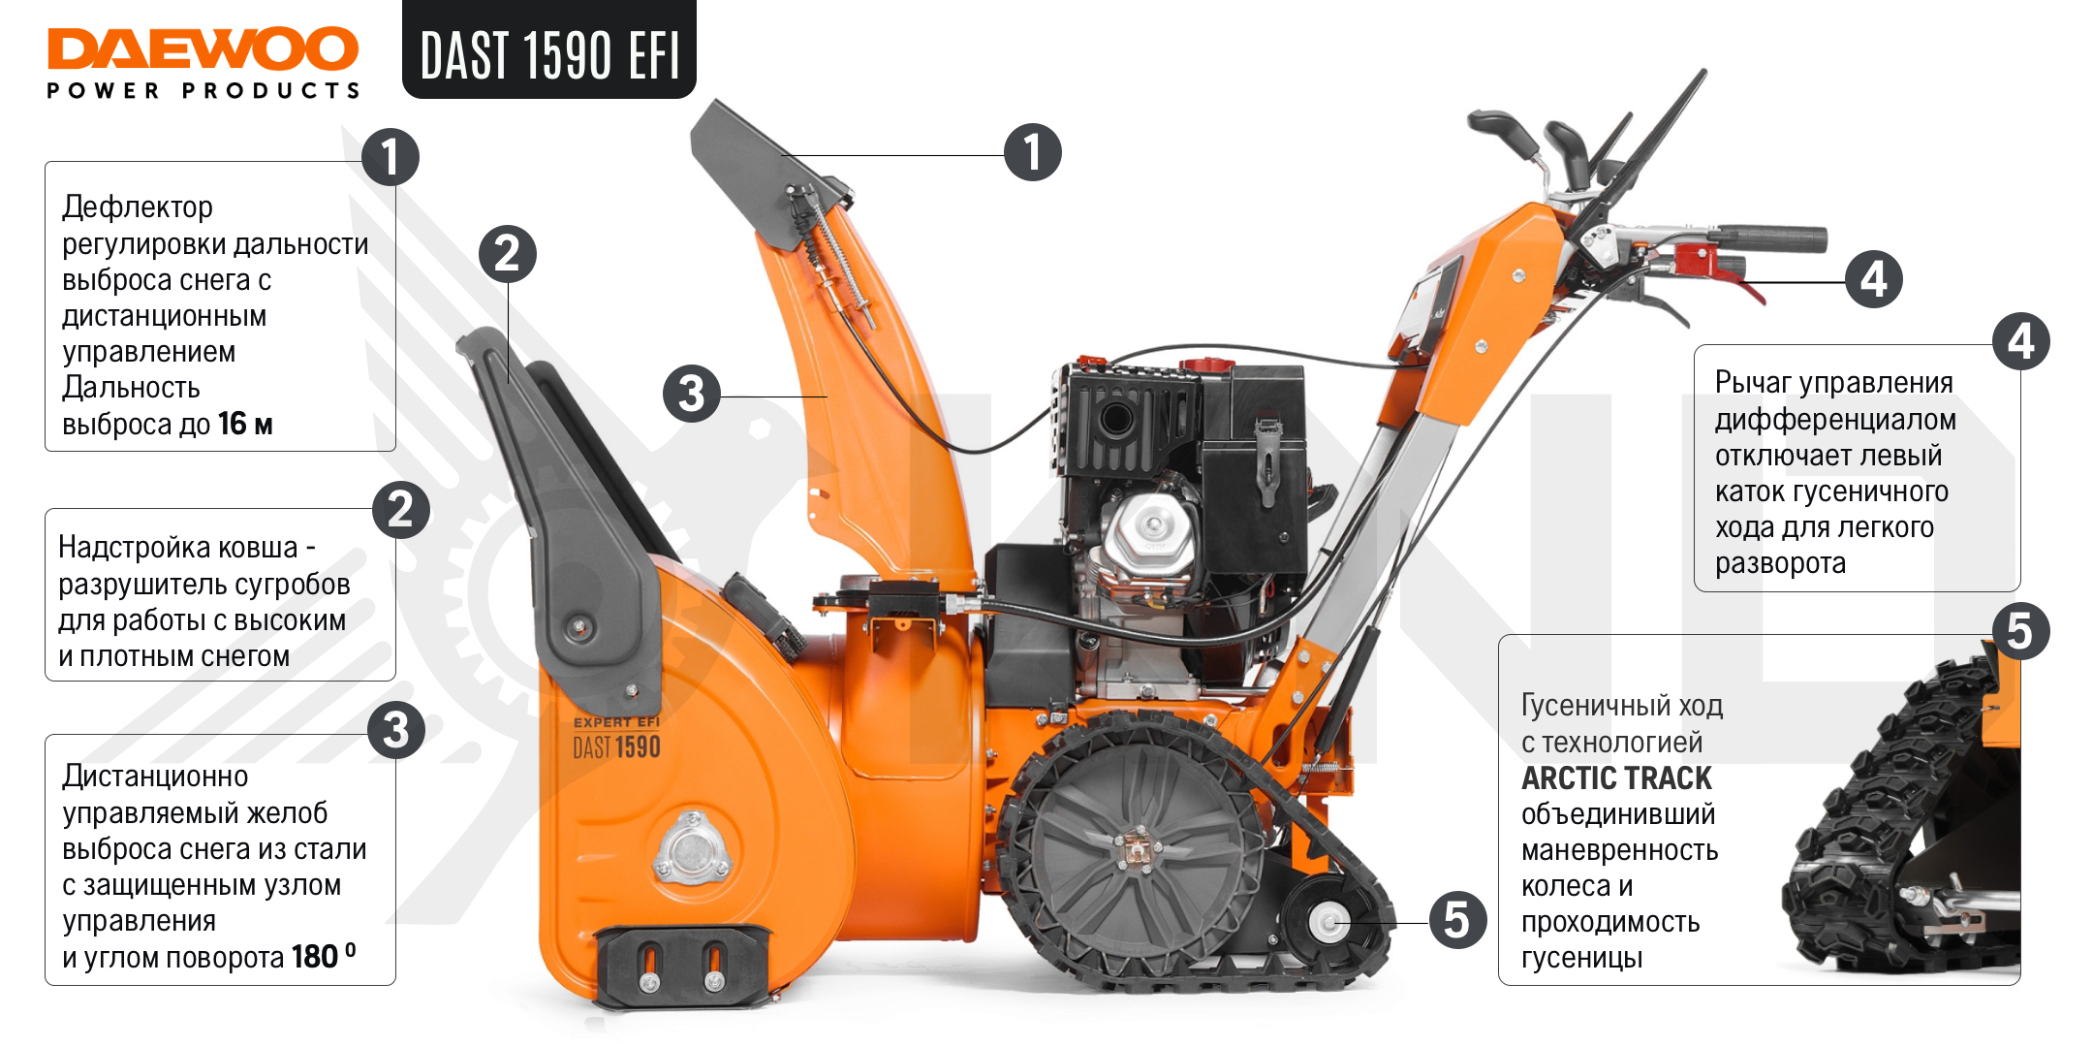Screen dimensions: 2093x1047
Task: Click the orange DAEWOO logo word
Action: (203, 48)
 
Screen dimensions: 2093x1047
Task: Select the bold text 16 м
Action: (245, 424)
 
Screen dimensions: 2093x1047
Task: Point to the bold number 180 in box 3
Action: (314, 957)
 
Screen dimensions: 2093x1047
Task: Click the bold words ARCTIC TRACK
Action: (1616, 777)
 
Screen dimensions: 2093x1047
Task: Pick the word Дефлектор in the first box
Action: (138, 206)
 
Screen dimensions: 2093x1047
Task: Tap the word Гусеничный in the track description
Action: (1584, 706)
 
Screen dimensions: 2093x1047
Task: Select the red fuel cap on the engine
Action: (1205, 365)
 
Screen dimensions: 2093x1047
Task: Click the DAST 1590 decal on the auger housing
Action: (616, 747)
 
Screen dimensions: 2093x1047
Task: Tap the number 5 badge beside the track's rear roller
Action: (1457, 920)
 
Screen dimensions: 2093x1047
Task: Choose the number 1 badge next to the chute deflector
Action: (1033, 152)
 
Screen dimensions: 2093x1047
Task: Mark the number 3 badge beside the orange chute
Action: (692, 394)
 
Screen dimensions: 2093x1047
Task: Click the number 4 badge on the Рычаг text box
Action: (2021, 341)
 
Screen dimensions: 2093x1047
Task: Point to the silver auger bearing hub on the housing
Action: (690, 850)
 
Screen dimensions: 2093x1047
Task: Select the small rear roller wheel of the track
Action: (1328, 921)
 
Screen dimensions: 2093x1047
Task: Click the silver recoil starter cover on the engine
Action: (1152, 532)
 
